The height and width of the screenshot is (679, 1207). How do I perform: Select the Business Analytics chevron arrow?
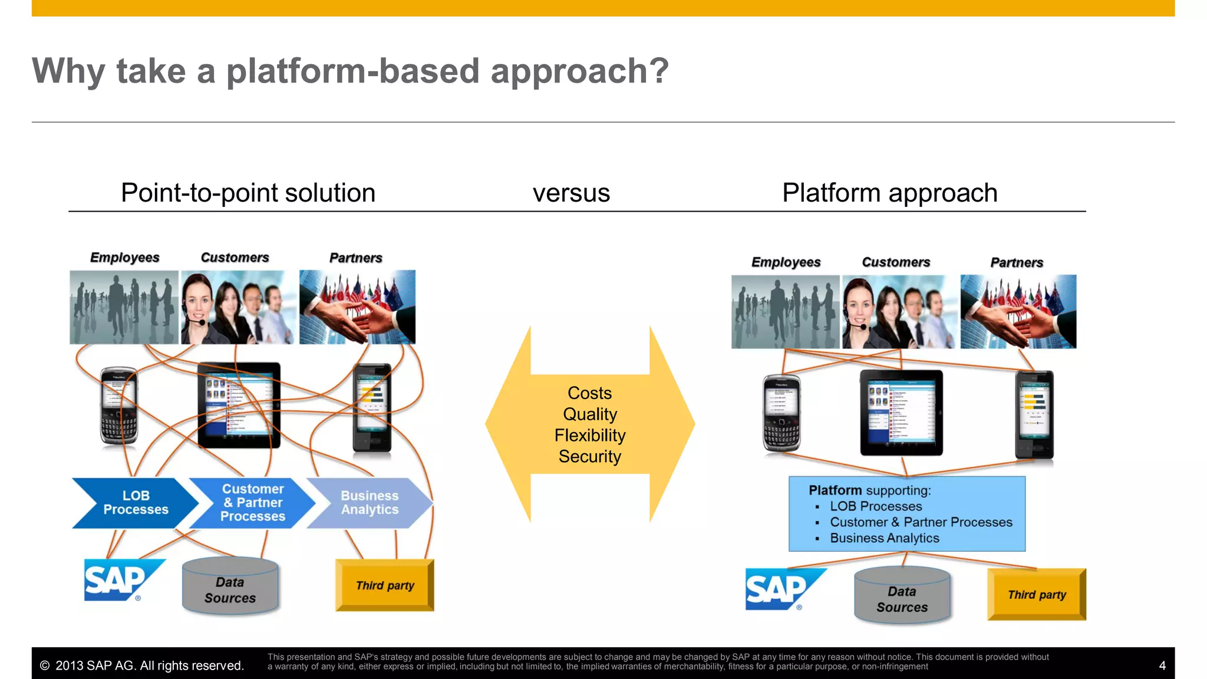370,503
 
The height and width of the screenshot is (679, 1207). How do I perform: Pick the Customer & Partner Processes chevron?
252,503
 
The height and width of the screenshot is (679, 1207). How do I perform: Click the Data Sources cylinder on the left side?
230,587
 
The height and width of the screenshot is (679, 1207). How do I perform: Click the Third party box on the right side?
1037,594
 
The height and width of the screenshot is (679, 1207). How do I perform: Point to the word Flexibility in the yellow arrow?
590,436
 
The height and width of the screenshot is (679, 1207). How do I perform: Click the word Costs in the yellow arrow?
589,393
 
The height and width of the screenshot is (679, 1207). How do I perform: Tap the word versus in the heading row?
571,193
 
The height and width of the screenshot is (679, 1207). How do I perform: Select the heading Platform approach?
889,193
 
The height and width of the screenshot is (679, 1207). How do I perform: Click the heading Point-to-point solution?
248,193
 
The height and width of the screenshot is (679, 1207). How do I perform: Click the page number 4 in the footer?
1162,665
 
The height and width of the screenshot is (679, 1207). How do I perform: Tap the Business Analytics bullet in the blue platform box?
884,538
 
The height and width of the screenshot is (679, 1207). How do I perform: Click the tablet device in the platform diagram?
901,413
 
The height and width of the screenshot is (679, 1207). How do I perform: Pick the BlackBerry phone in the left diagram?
119,407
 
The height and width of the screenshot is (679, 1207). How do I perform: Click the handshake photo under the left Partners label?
357,307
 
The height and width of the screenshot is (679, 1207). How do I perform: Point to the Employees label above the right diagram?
786,262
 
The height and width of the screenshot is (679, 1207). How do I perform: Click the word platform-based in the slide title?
353,72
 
